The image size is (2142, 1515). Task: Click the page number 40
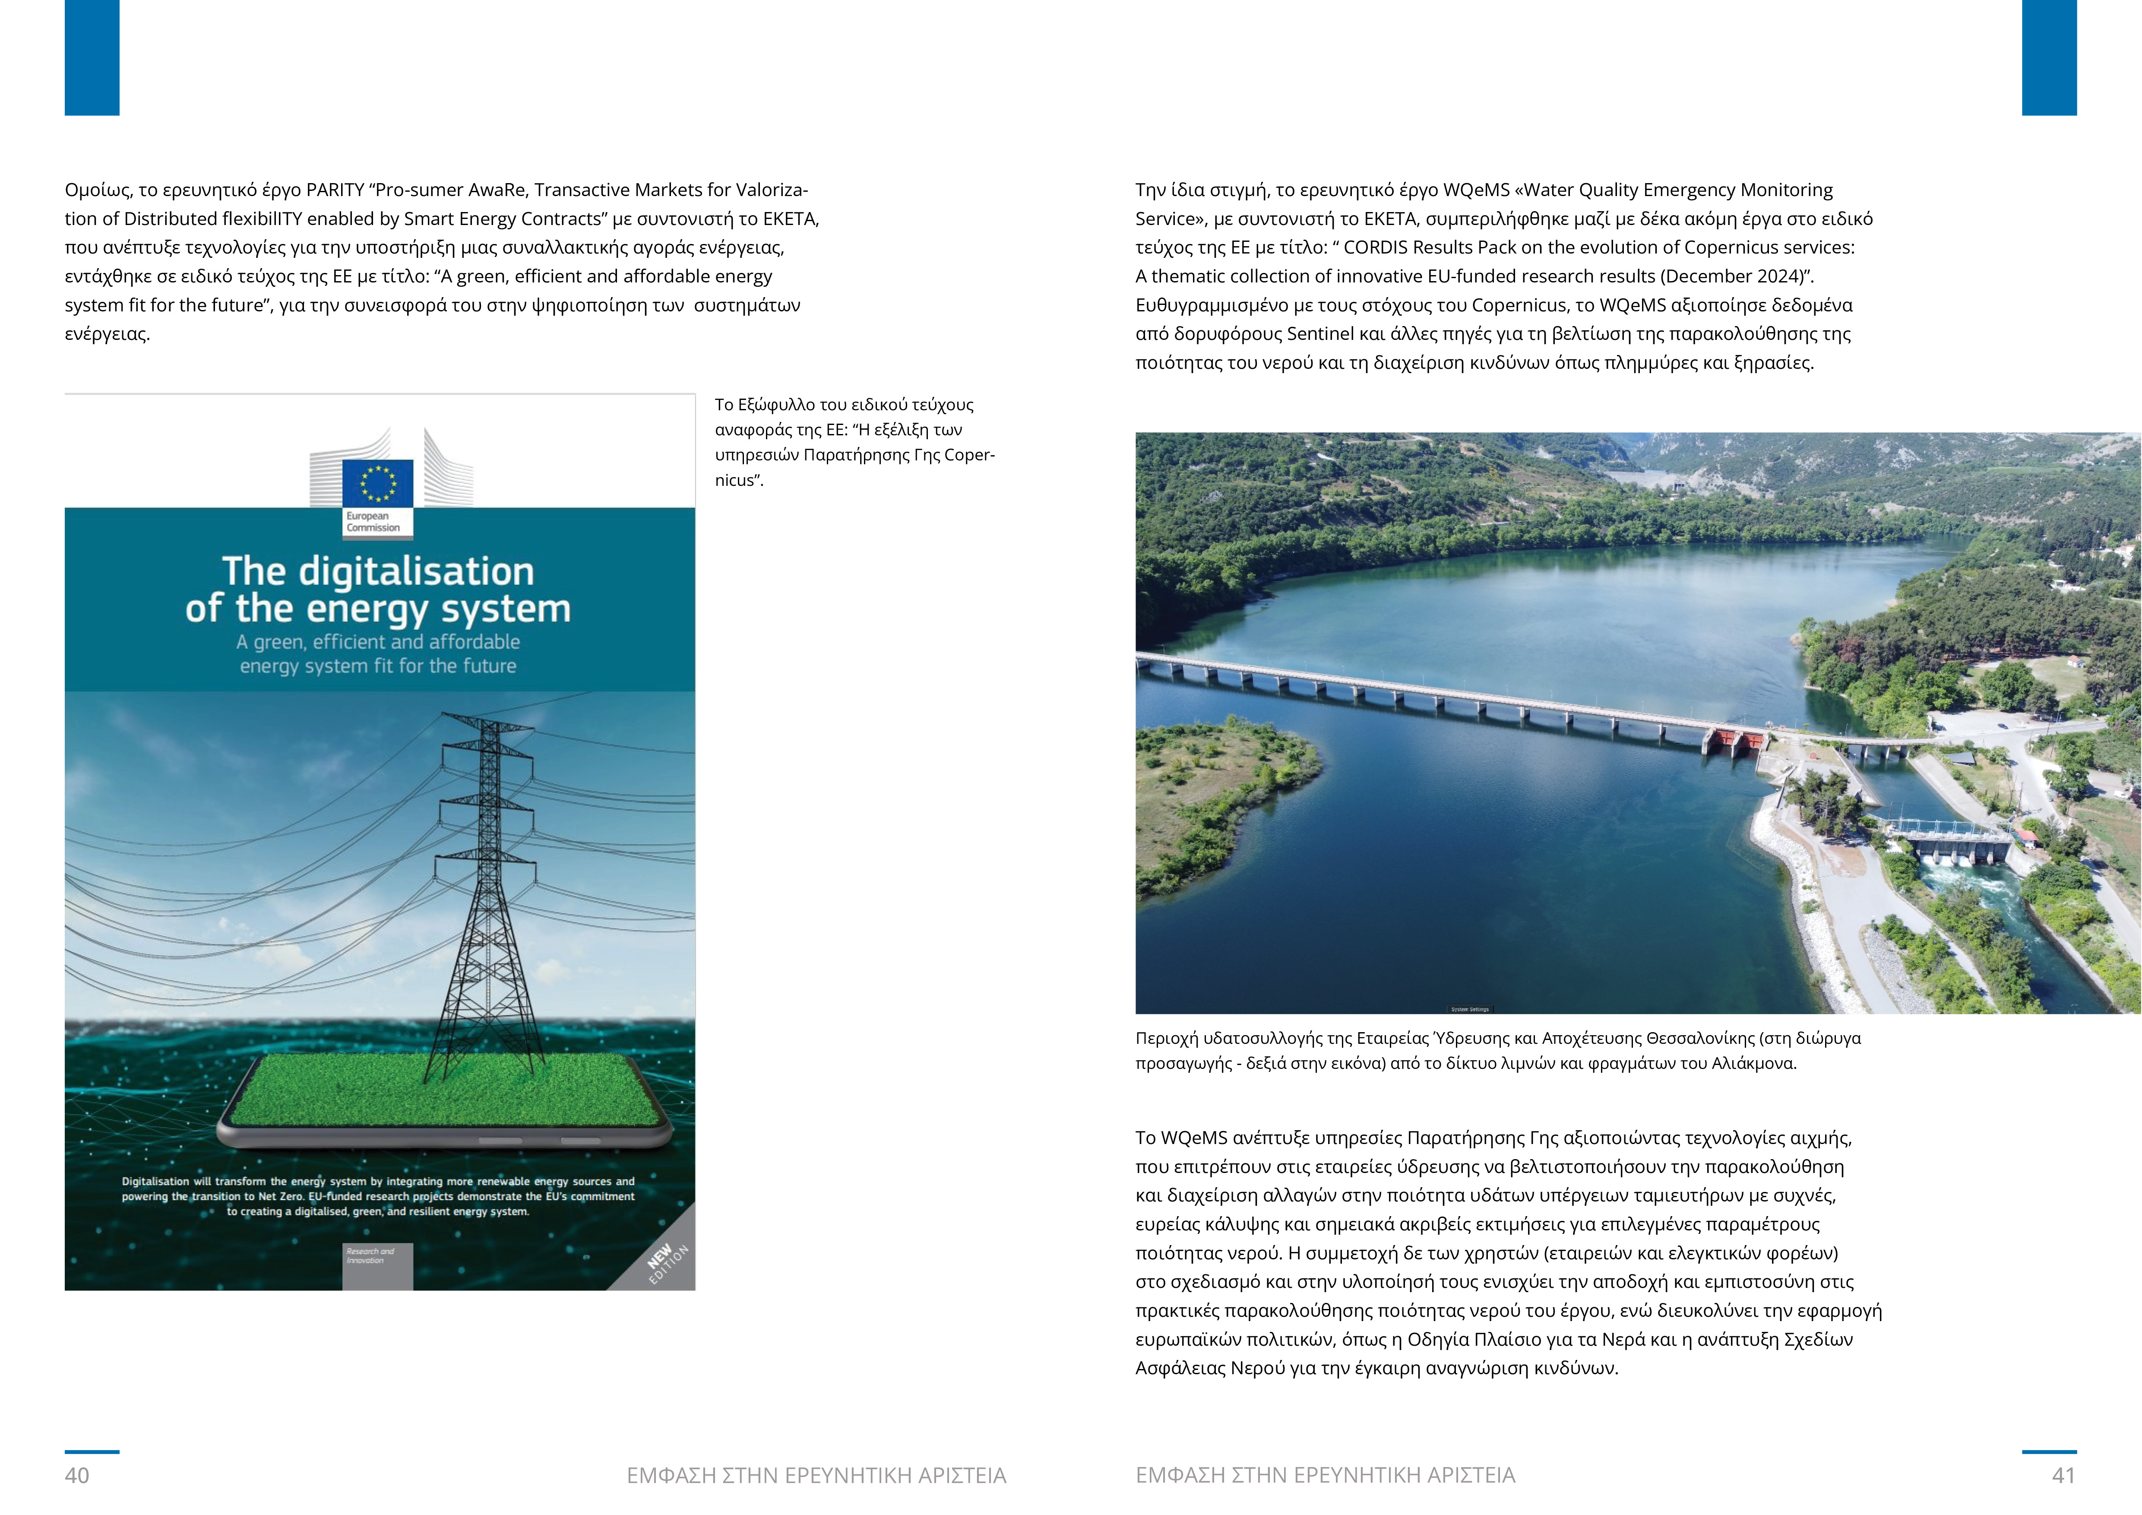(x=76, y=1475)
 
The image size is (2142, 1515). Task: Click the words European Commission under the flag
(x=373, y=521)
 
